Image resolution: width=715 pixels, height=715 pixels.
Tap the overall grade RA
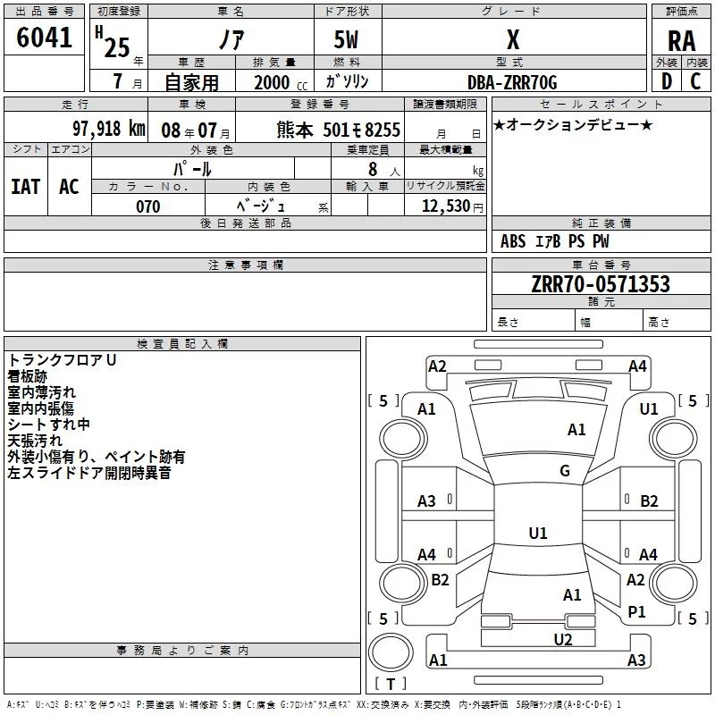point(681,40)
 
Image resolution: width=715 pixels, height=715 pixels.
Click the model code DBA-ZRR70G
point(512,82)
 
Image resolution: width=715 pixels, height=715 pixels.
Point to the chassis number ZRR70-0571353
point(601,284)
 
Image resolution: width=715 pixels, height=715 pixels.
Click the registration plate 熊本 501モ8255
point(339,129)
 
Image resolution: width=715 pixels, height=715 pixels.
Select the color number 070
point(148,206)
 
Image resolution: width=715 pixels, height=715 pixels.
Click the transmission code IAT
point(26,186)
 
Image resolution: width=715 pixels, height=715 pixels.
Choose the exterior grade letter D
point(666,81)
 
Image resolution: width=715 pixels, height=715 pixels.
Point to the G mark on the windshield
point(565,471)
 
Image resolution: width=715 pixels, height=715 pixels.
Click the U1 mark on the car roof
point(538,533)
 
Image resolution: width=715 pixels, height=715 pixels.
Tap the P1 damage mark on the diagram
point(637,611)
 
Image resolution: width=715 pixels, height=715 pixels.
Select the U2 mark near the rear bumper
point(563,638)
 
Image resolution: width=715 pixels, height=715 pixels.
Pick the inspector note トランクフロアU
point(63,360)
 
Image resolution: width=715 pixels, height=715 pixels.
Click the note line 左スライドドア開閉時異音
point(89,473)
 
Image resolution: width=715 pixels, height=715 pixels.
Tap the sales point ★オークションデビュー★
point(572,124)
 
